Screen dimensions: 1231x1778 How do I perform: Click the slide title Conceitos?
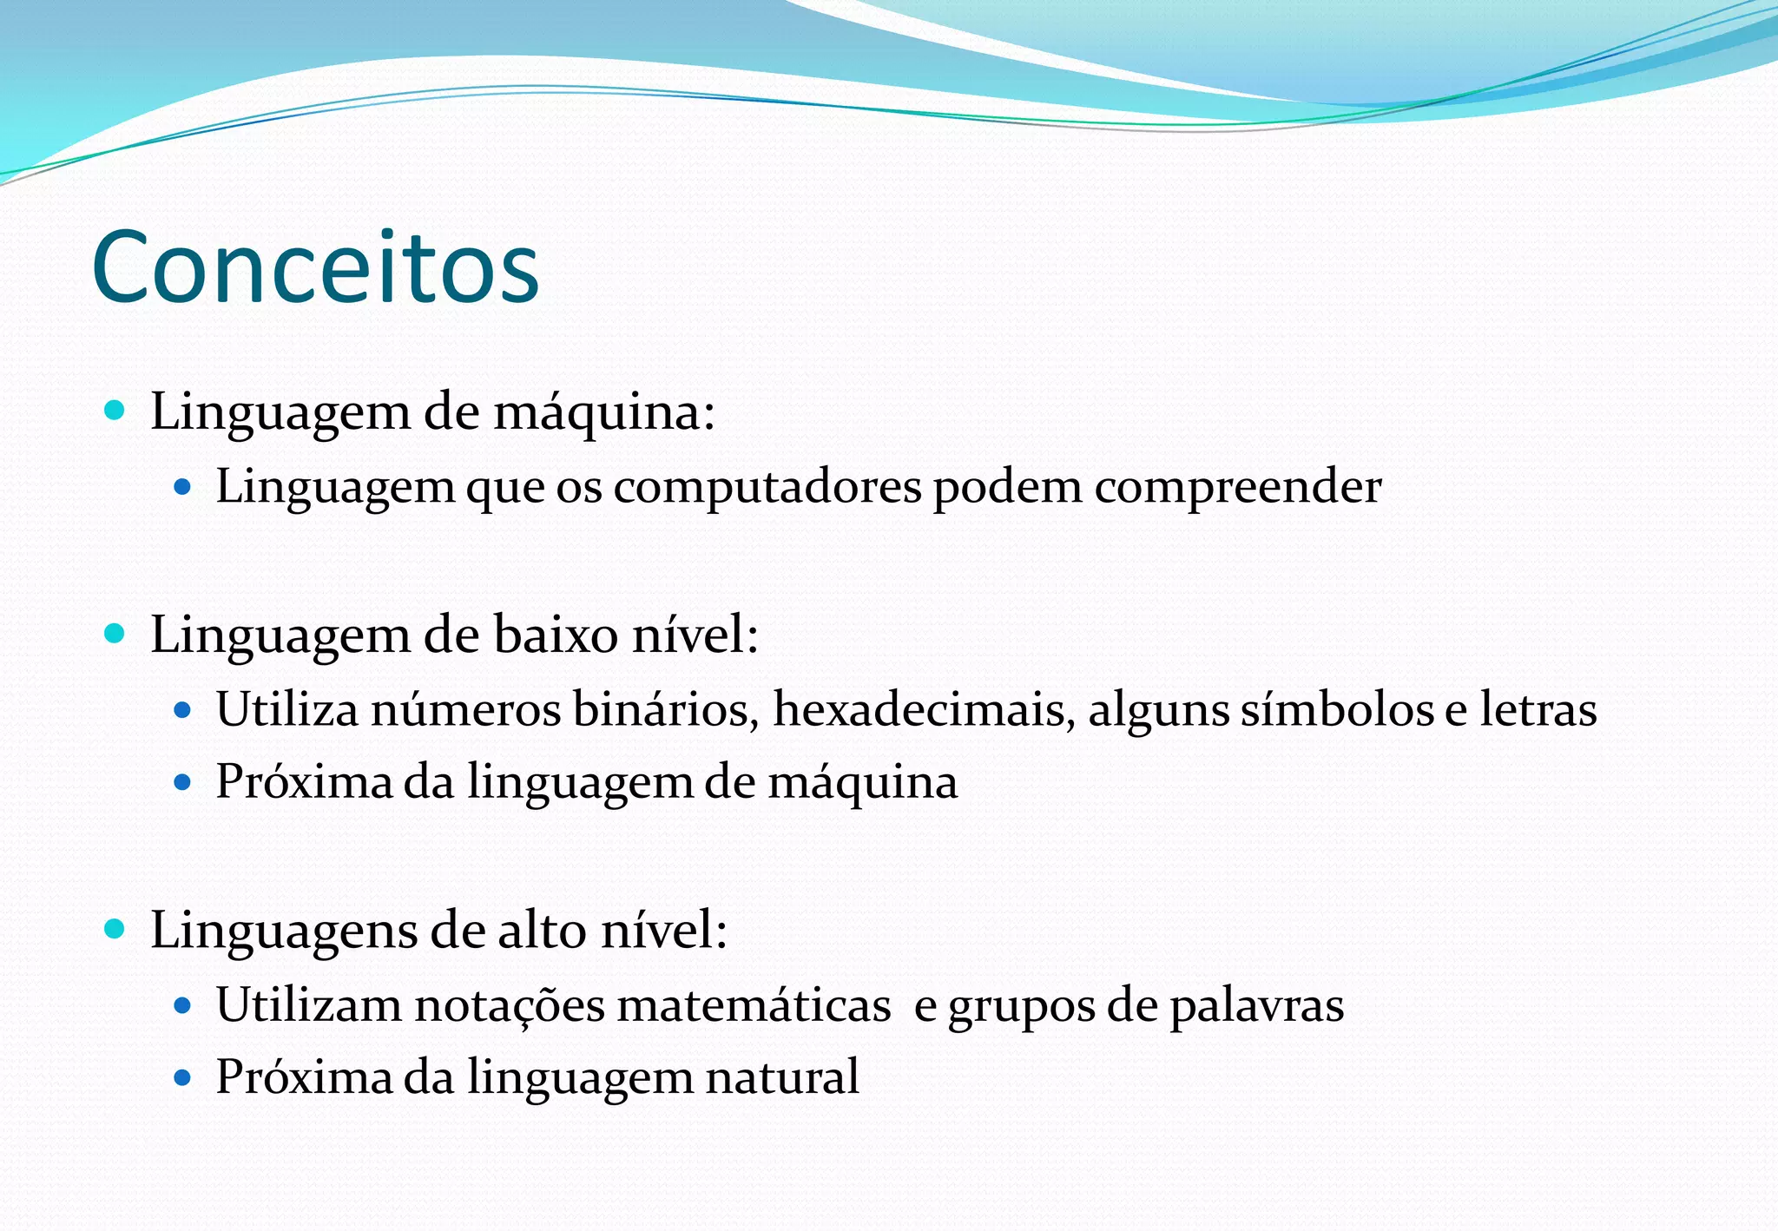tap(315, 267)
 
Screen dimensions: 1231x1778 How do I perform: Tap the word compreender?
tap(1237, 487)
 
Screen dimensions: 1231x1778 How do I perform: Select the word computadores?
tap(767, 487)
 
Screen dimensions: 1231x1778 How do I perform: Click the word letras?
tap(1538, 709)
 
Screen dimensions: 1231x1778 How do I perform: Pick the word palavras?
tap(1256, 1005)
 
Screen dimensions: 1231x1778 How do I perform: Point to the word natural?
tap(782, 1077)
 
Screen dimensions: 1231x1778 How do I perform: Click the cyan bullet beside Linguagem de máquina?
tap(115, 410)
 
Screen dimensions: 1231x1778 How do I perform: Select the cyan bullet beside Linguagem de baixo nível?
tap(115, 634)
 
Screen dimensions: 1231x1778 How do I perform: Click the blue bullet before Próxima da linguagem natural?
tap(182, 1078)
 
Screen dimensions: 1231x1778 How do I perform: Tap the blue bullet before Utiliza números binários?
tap(182, 710)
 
